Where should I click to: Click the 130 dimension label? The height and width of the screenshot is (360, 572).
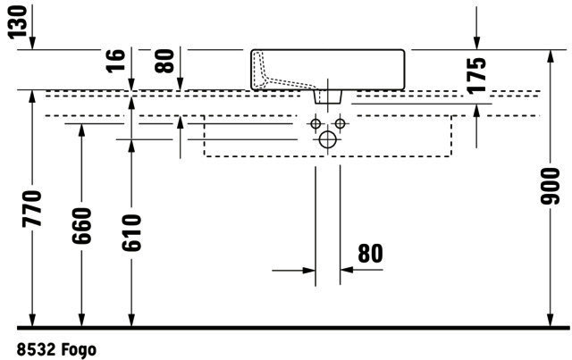point(18,21)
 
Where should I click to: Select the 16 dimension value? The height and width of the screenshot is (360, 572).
point(116,60)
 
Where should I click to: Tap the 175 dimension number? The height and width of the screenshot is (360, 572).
point(476,76)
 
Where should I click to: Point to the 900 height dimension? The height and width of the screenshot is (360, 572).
point(551,186)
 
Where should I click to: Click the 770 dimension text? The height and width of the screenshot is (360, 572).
point(32,209)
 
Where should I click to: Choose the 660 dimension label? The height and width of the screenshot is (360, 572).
point(81,226)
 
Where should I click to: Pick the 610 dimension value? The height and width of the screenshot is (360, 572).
point(131,233)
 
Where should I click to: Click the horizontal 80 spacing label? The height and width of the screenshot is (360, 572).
point(370,254)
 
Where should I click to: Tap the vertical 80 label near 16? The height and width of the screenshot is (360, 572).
point(164,61)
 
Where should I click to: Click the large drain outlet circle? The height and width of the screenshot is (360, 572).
point(328,139)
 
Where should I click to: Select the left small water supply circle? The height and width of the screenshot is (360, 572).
point(315,123)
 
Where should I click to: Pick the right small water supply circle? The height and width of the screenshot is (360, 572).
point(340,123)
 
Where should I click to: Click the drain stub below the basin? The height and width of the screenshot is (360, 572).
point(328,97)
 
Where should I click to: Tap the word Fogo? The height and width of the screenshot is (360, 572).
point(79,350)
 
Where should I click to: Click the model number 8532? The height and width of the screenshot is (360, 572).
point(36,350)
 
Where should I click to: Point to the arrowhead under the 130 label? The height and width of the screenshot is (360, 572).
point(32,43)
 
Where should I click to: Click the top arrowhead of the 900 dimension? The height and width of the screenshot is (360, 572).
point(551,56)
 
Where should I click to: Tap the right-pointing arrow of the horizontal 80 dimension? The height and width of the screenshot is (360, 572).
point(308,271)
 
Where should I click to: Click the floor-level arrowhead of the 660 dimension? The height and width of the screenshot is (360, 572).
point(81,320)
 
